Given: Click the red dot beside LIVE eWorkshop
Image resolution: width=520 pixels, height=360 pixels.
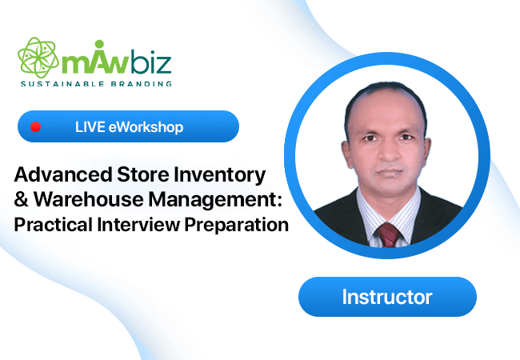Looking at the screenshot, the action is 35,126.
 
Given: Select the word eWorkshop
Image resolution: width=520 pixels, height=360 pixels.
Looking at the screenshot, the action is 146,127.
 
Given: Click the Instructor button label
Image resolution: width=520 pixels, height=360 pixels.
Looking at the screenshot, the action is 387,297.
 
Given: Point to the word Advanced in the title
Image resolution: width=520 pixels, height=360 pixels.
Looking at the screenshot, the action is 63,174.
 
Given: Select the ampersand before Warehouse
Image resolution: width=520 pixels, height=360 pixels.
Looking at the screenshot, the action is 22,199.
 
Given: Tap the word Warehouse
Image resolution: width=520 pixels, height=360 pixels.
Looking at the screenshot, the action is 89,199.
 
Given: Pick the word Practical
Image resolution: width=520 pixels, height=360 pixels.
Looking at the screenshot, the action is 53,225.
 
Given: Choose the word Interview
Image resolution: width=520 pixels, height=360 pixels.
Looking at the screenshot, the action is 138,225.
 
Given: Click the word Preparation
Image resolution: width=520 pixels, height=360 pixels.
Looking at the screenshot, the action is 237,225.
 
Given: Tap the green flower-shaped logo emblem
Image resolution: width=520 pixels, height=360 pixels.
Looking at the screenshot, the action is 38,58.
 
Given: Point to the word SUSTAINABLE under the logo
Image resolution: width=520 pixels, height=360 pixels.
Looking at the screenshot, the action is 62,84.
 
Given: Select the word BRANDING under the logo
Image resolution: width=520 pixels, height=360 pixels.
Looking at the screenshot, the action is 142,84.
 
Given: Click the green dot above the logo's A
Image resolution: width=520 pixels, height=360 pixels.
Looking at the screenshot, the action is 99,44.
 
